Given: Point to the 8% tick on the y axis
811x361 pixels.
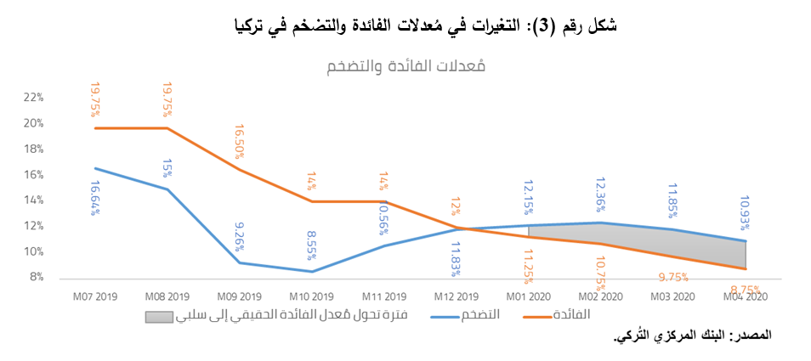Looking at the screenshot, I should tap(35, 277).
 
